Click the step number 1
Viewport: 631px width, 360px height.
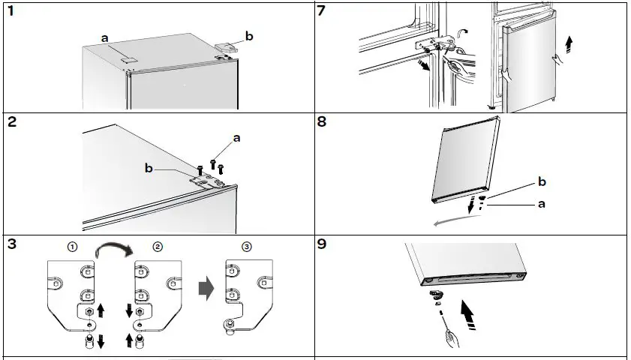point(11,12)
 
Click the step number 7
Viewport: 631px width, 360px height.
point(322,12)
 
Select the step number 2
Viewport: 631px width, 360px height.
point(12,122)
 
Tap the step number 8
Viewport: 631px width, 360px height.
point(322,122)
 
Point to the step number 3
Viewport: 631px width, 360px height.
point(12,244)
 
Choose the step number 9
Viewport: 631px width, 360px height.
point(322,244)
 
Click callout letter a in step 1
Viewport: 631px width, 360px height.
point(106,37)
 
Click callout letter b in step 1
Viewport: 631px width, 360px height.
point(248,34)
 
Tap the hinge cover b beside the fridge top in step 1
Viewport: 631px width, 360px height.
point(225,47)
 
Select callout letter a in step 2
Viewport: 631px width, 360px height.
point(237,139)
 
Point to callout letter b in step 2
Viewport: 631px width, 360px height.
point(149,169)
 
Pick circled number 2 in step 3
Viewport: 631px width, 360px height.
point(158,247)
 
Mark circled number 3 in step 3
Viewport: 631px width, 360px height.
point(248,247)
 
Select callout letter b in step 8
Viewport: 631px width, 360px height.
point(542,182)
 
